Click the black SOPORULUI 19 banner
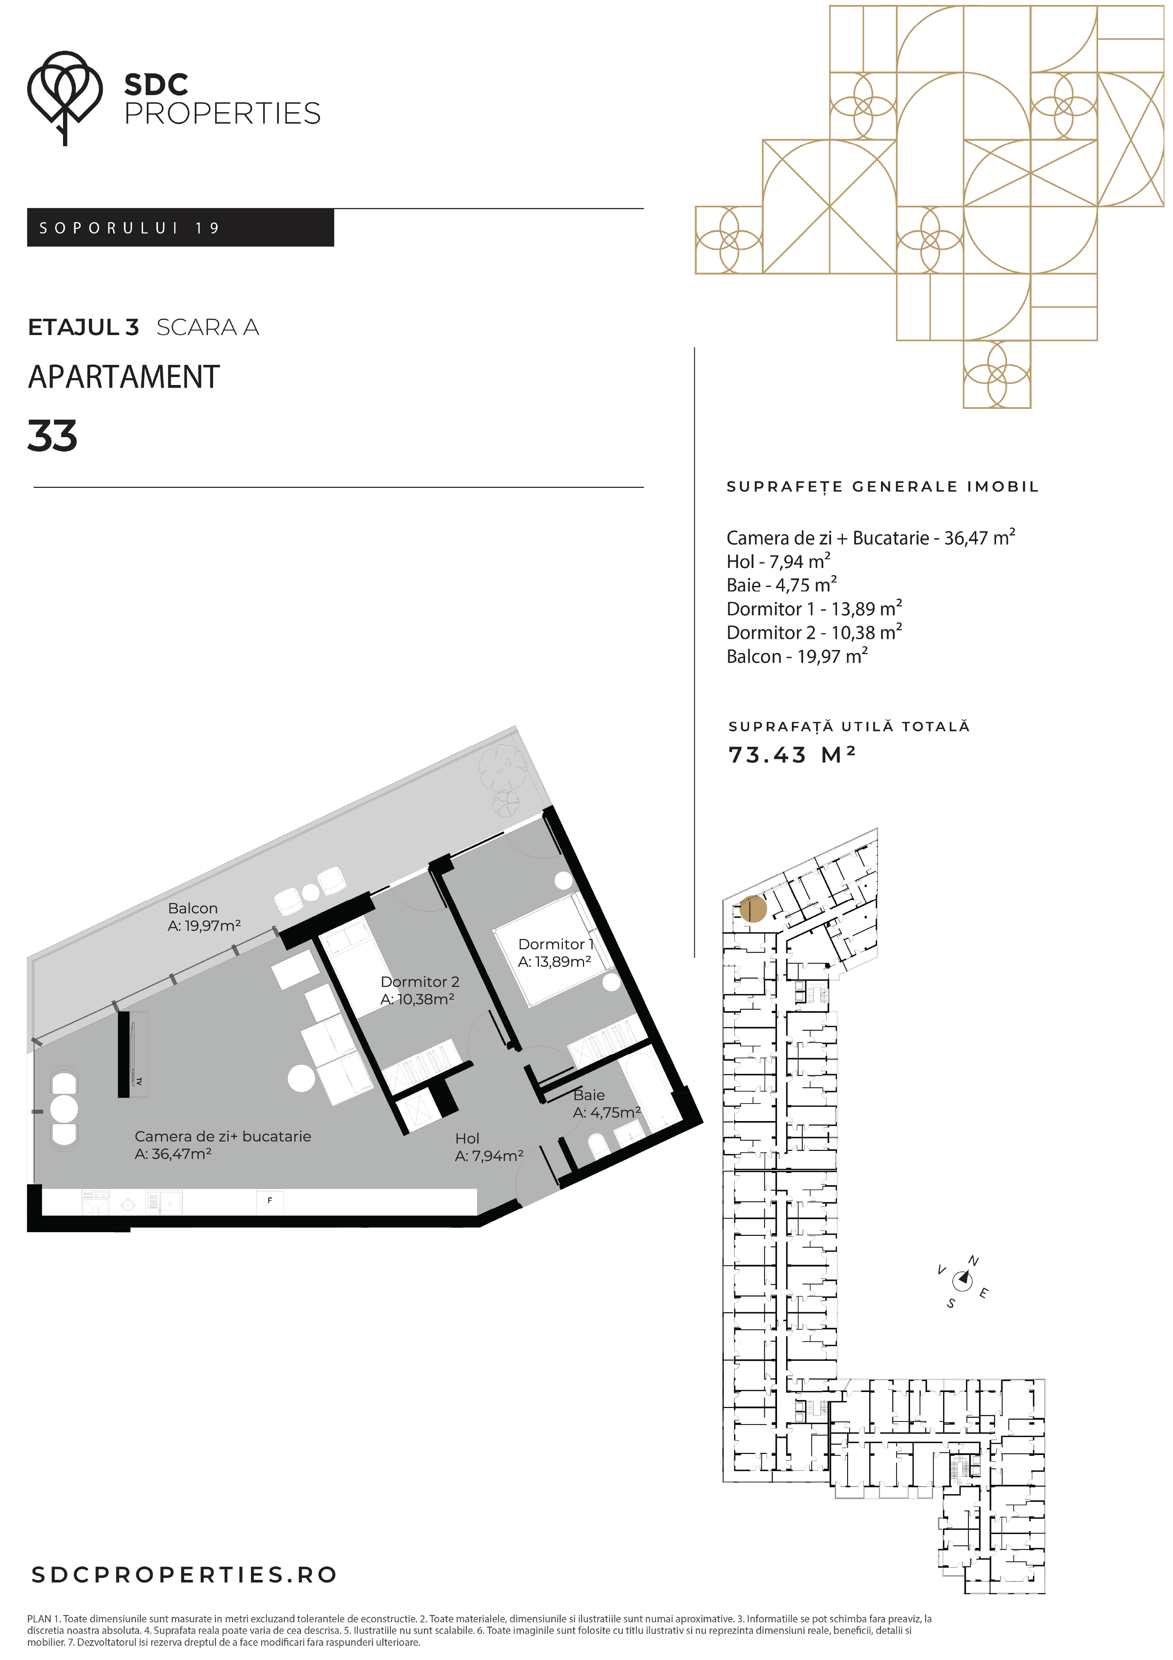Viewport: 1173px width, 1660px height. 181,228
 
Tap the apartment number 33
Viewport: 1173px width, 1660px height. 52,436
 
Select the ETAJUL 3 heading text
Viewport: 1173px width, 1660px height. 83,328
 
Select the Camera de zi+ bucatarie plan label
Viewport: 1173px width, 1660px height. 223,1145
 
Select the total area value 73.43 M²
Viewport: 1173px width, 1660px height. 792,755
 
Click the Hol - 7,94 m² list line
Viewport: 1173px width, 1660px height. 779,561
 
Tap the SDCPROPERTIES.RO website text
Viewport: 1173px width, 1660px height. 184,1575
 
